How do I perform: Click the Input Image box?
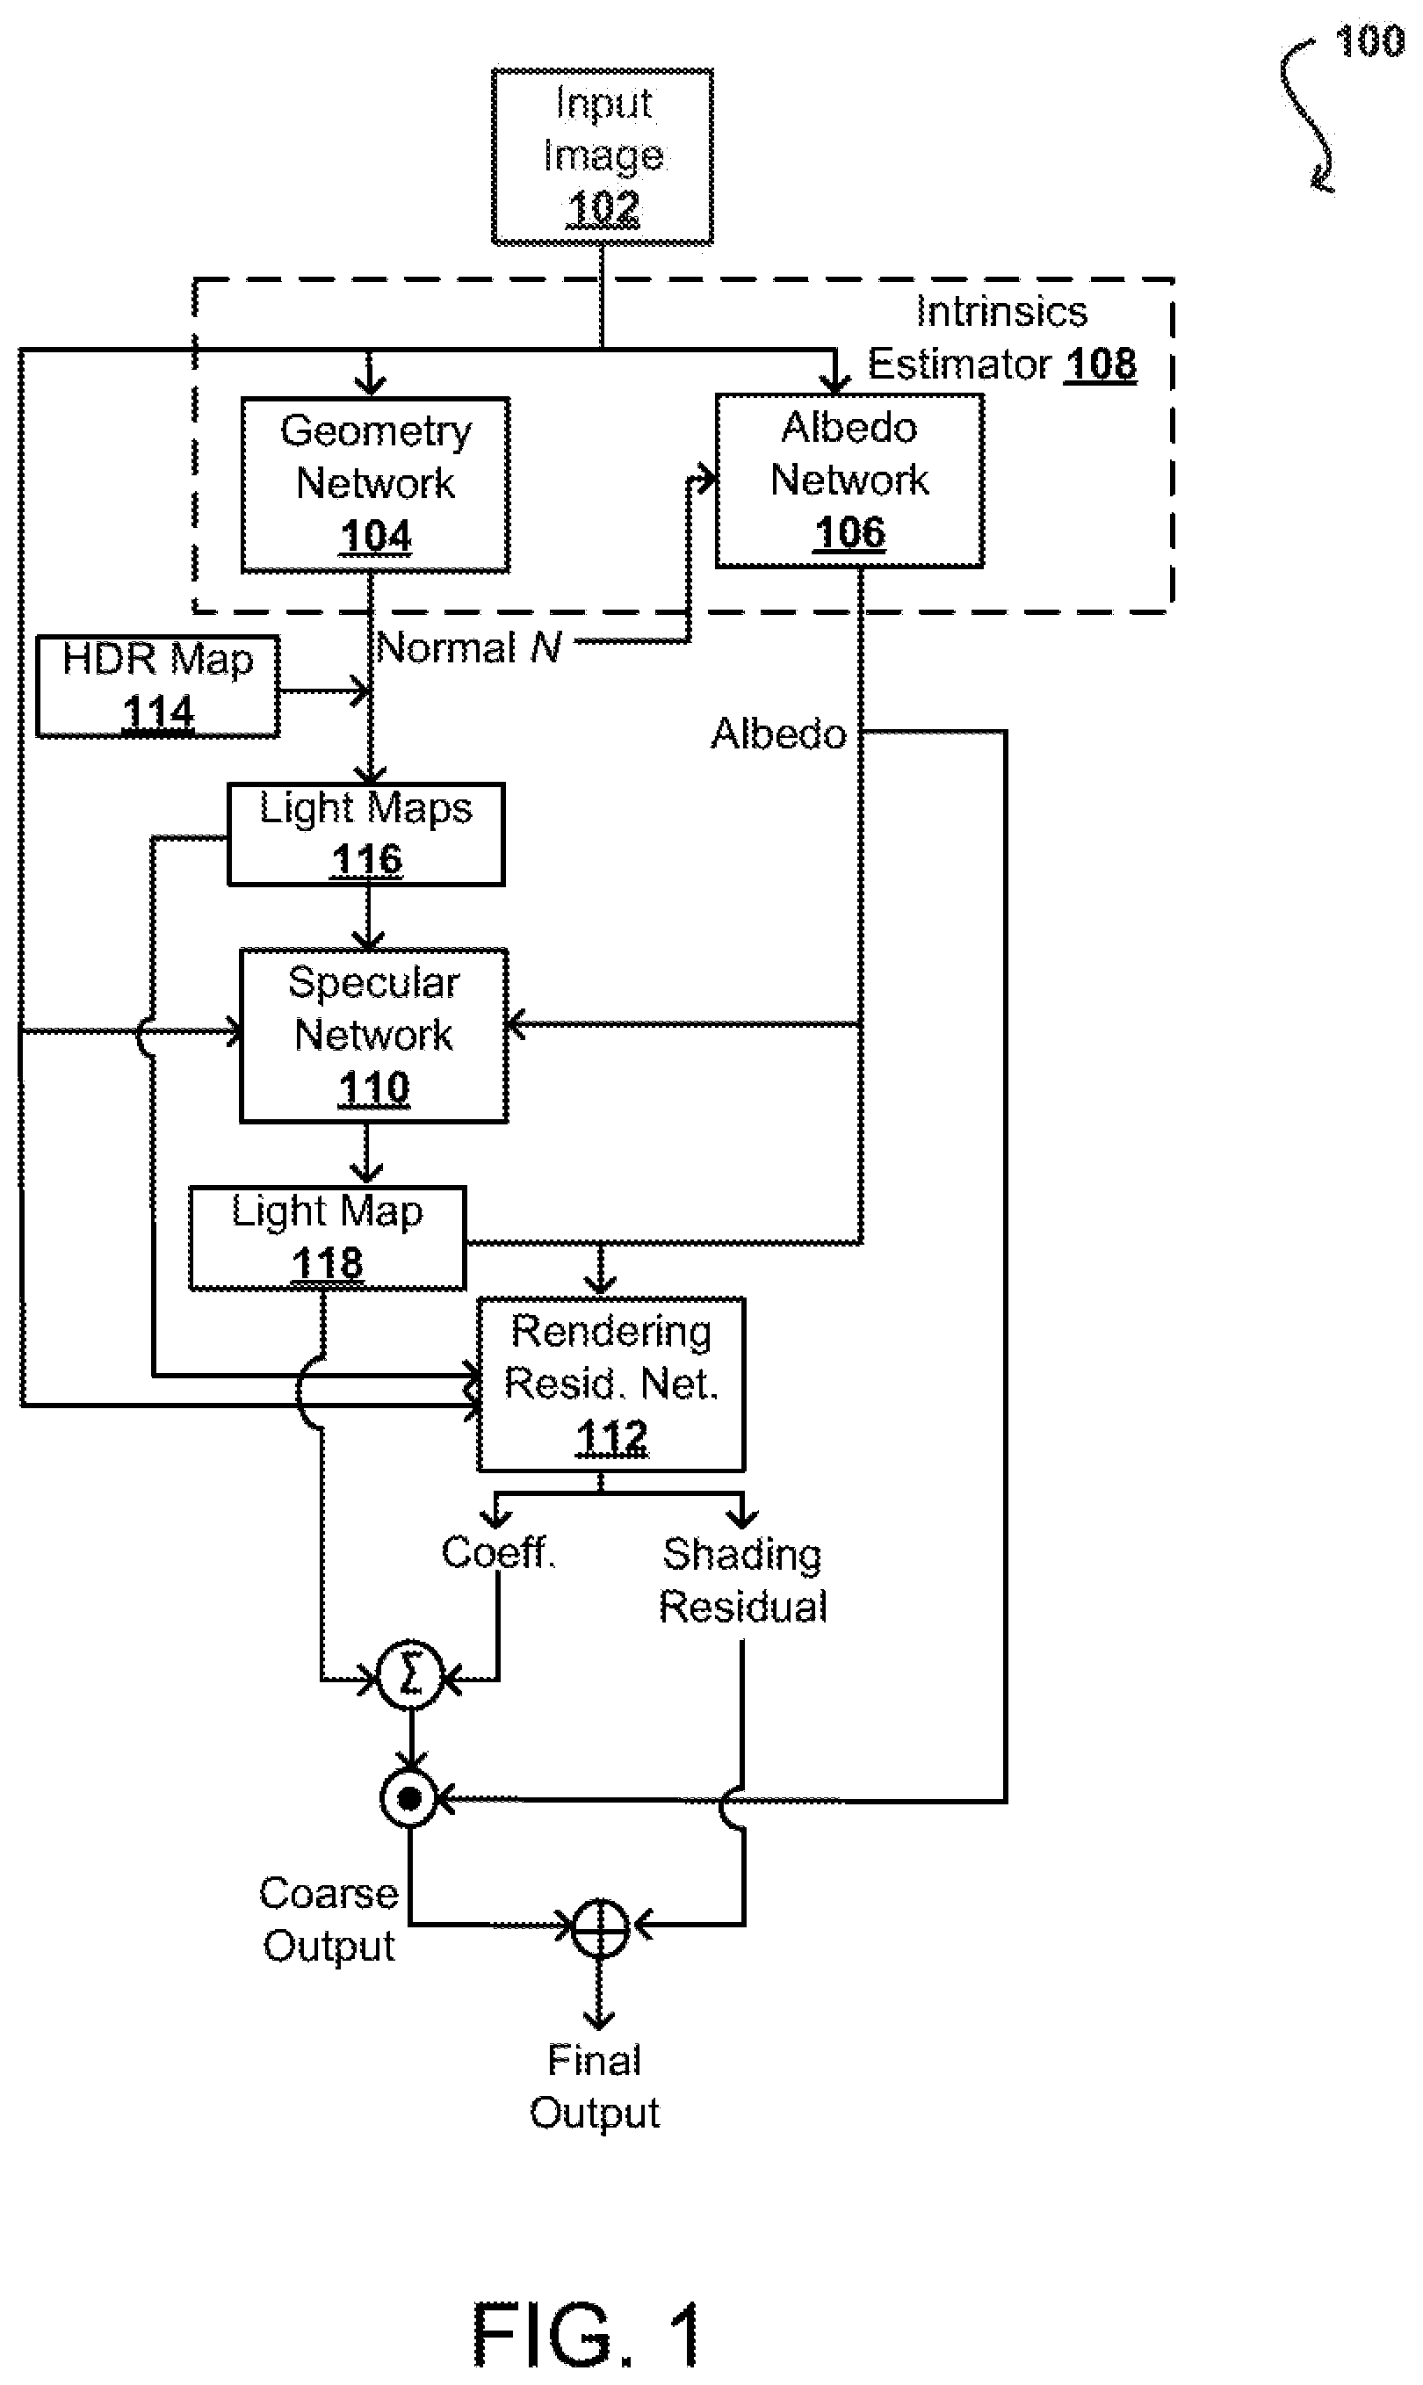pyautogui.click(x=603, y=156)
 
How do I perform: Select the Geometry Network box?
pyautogui.click(x=375, y=484)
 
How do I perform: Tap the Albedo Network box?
pyautogui.click(x=849, y=481)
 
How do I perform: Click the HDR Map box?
pyautogui.click(x=158, y=687)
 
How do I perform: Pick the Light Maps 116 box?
pyautogui.click(x=365, y=835)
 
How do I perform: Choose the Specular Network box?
pyautogui.click(x=373, y=1036)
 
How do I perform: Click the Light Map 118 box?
pyautogui.click(x=327, y=1238)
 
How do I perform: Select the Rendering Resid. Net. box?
pyautogui.click(x=610, y=1384)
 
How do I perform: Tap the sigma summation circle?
pyautogui.click(x=410, y=1675)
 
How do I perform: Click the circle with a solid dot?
pyautogui.click(x=409, y=1798)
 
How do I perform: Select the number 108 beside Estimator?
pyautogui.click(x=1101, y=365)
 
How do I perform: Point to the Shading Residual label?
pyautogui.click(x=743, y=1580)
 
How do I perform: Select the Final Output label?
pyautogui.click(x=595, y=2086)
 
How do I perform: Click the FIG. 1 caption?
pyautogui.click(x=587, y=2335)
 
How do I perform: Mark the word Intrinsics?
pyautogui.click(x=1002, y=312)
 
